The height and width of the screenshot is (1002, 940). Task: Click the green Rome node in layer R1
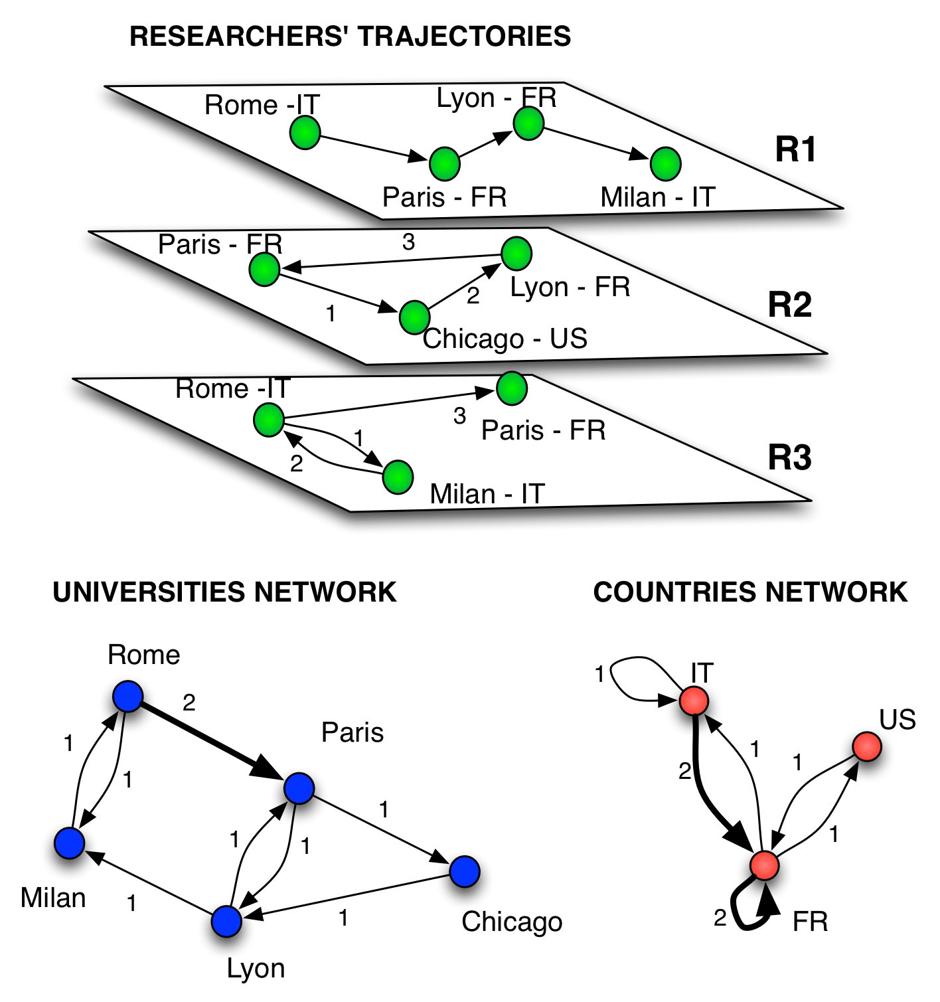305,132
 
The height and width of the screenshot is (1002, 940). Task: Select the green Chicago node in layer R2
415,317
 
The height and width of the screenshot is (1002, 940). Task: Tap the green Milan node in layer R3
398,477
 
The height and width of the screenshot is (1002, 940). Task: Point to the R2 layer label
789,305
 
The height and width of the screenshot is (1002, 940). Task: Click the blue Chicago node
465,871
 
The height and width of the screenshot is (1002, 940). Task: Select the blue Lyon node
227,921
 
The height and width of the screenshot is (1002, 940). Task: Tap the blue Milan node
70,843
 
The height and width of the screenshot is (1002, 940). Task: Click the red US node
867,747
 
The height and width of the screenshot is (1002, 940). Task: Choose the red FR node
764,865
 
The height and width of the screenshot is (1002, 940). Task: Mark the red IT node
694,701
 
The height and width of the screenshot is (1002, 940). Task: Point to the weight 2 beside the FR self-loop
720,918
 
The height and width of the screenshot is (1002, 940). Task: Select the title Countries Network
750,592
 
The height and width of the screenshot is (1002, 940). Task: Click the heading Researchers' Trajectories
350,37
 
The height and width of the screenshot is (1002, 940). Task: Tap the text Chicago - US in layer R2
505,339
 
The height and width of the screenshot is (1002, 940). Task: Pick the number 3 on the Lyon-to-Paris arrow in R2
408,242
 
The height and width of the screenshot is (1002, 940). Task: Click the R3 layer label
789,458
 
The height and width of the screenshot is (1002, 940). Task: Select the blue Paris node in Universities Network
299,788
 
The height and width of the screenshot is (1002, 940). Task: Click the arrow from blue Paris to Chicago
382,829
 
